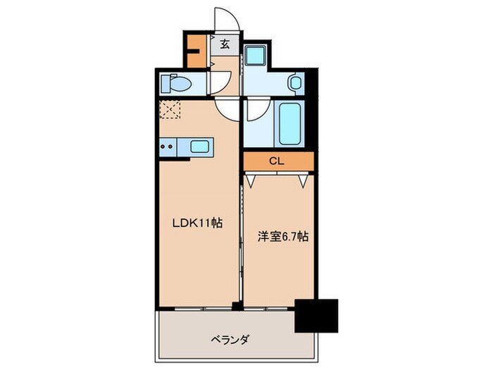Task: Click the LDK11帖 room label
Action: pos(197,223)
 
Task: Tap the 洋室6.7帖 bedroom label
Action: pos(282,236)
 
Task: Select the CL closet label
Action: pos(277,161)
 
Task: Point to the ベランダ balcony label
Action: pos(230,340)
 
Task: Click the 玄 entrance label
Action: pos(225,44)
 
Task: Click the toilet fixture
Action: pos(176,83)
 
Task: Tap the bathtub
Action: pos(289,123)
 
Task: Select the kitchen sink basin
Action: pos(199,147)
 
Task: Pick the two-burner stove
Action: pos(168,147)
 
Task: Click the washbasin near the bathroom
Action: pos(296,82)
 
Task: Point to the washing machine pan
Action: pos(255,56)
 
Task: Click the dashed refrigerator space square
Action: pos(170,109)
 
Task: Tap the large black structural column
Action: pos(316,316)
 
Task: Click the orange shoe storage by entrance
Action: pos(196,51)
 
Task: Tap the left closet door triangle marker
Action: pos(251,182)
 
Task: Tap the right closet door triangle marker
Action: pos(303,182)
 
